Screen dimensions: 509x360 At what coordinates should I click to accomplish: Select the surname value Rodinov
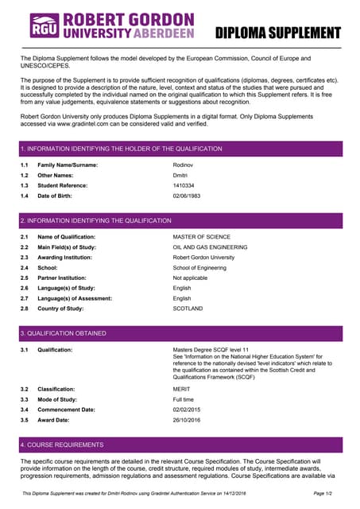(185, 165)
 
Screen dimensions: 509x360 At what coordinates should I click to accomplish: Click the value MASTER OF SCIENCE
(201, 237)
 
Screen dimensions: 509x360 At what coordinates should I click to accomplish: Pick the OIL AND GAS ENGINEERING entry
(210, 247)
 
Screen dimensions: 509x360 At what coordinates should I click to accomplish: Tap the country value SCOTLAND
(188, 309)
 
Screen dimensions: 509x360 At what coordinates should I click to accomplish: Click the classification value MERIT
(182, 389)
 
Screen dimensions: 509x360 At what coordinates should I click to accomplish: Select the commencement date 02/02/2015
(189, 409)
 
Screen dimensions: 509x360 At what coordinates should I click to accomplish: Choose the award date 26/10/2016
(189, 419)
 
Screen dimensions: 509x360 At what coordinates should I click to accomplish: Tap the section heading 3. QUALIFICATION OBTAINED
(63, 333)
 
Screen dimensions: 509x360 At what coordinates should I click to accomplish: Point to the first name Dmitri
(182, 175)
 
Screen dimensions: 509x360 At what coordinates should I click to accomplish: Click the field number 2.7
(25, 298)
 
